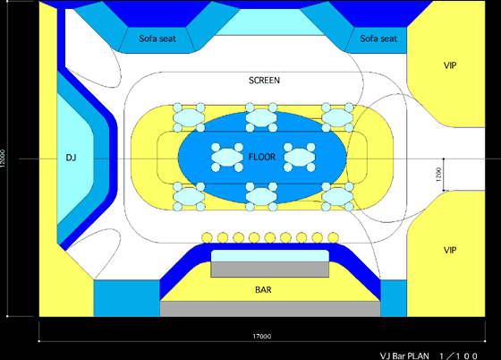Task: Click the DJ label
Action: coord(71,158)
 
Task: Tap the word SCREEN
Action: coord(264,81)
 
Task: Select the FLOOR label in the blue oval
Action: coord(262,157)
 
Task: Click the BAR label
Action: coord(263,289)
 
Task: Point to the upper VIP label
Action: coord(450,65)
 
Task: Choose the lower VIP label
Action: coord(450,250)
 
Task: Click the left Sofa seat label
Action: coord(157,39)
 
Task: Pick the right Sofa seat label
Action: coord(378,39)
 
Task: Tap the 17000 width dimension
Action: coord(262,337)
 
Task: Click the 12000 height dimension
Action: coord(3,159)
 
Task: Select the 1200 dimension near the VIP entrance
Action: coord(438,175)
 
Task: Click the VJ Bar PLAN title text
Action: coord(404,356)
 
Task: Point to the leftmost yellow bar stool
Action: coord(207,237)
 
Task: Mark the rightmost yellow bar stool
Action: coord(333,237)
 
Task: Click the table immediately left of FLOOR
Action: coord(227,158)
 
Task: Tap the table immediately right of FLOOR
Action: coord(300,158)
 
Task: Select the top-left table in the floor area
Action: coord(189,117)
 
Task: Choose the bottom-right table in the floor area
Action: coord(337,197)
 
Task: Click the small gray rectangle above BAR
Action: coord(269,270)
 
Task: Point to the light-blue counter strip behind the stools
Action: coord(269,256)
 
